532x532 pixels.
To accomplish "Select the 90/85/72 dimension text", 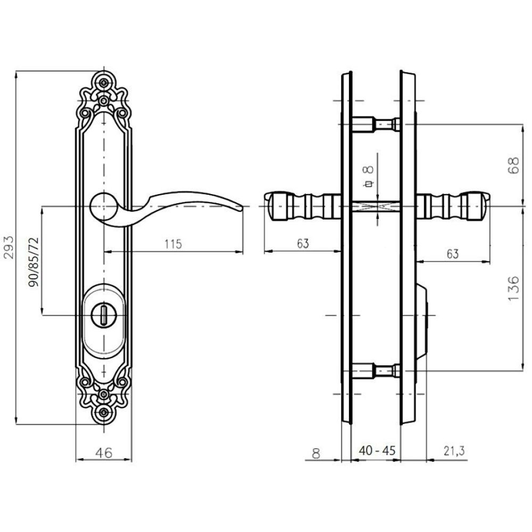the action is pyautogui.click(x=34, y=262).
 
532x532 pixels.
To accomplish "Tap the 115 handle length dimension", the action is pyautogui.click(x=173, y=244).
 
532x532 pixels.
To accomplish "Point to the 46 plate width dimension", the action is pyautogui.click(x=104, y=453).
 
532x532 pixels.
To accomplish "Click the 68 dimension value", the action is pyautogui.click(x=514, y=165).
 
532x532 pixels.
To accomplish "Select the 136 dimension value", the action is pyautogui.click(x=514, y=288).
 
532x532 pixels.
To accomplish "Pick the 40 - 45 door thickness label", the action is pyautogui.click(x=377, y=451).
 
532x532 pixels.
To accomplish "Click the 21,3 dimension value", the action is pyautogui.click(x=454, y=451).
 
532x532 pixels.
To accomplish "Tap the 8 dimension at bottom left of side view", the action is pyautogui.click(x=316, y=454).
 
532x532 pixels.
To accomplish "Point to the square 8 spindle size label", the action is pyautogui.click(x=369, y=176).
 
